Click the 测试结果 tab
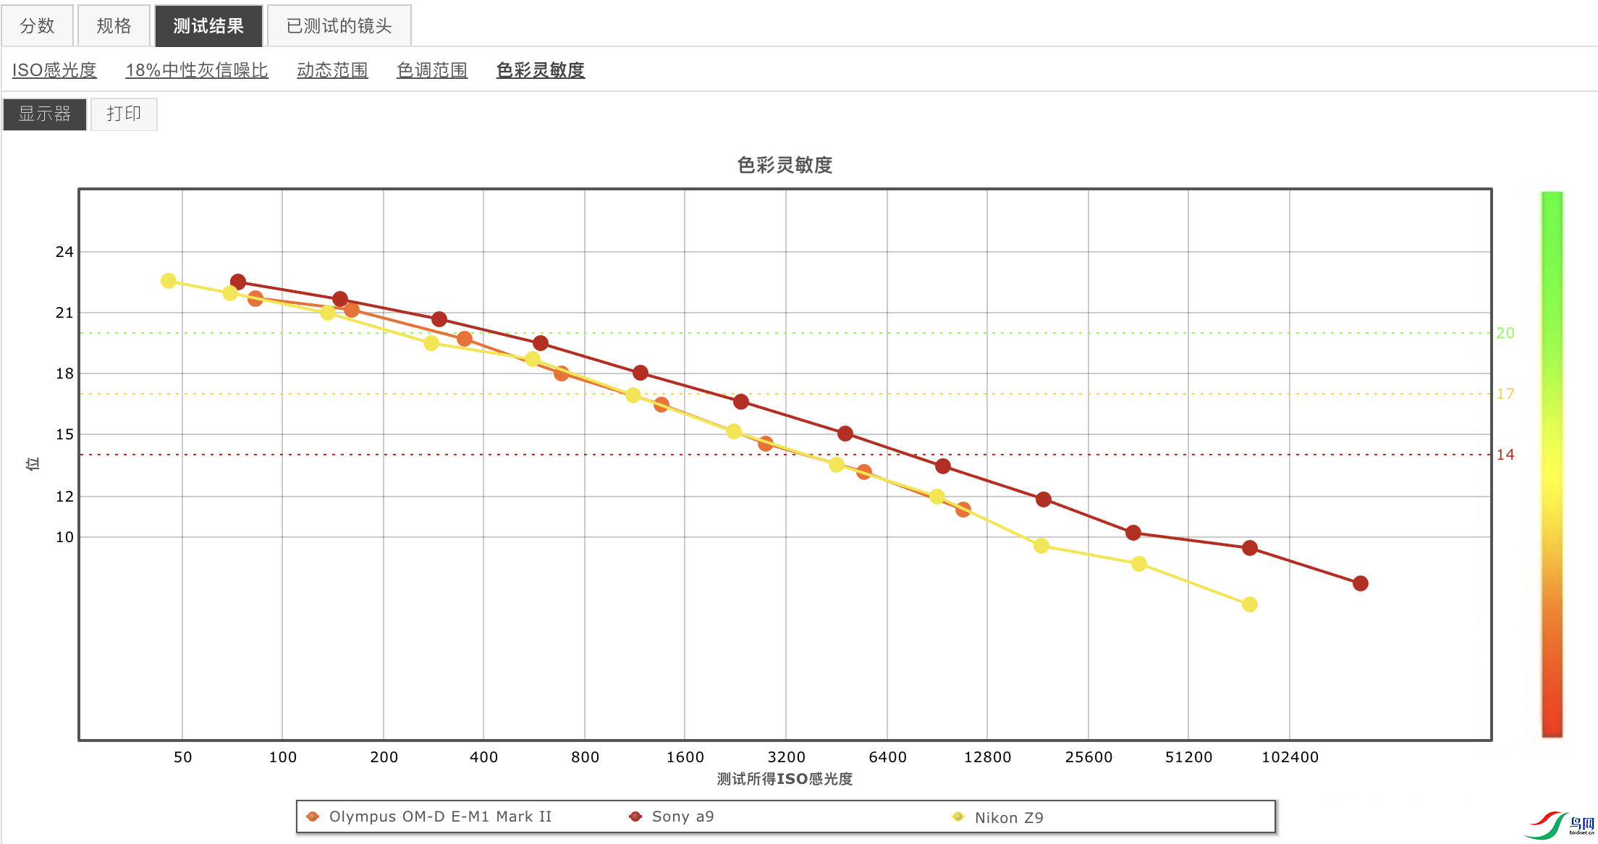pyautogui.click(x=208, y=26)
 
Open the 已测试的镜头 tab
pyautogui.click(x=339, y=26)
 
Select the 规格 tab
pyautogui.click(x=114, y=26)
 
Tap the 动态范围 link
pyautogui.click(x=332, y=70)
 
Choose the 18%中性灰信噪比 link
pyautogui.click(x=197, y=70)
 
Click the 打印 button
pyautogui.click(x=124, y=114)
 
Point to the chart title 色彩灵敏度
pyautogui.click(x=785, y=165)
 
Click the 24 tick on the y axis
pyautogui.click(x=64, y=252)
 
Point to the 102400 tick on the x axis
pyautogui.click(x=1290, y=757)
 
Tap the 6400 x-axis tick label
pyautogui.click(x=887, y=757)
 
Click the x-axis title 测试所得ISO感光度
pyautogui.click(x=785, y=779)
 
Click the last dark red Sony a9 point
pyautogui.click(x=1361, y=583)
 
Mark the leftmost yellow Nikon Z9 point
pyautogui.click(x=169, y=281)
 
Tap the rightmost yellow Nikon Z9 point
pyautogui.click(x=1250, y=604)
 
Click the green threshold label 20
pyautogui.click(x=1505, y=333)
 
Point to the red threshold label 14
pyautogui.click(x=1505, y=455)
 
